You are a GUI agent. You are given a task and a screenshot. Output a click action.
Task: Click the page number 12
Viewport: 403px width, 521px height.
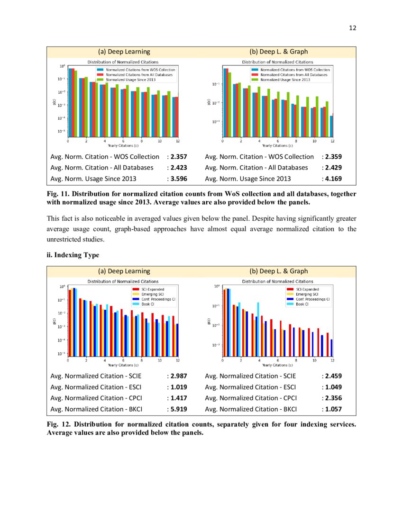(352, 28)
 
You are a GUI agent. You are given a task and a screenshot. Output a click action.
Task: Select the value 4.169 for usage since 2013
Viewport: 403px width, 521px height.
(333, 179)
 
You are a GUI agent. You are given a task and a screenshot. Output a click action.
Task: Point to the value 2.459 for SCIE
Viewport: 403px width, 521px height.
(333, 376)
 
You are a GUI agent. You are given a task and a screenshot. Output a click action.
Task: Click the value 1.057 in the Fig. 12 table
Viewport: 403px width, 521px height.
(333, 409)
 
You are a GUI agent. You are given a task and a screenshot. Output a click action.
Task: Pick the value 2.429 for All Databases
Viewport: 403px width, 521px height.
(333, 168)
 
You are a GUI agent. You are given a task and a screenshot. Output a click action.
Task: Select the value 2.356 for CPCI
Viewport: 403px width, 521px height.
(333, 398)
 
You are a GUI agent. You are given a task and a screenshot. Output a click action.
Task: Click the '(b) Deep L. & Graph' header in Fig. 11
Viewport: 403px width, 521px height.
(278, 52)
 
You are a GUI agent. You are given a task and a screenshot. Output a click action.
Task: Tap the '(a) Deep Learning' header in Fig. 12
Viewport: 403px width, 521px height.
(124, 271)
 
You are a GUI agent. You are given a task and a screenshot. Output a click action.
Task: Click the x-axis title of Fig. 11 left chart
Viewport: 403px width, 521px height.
(123, 146)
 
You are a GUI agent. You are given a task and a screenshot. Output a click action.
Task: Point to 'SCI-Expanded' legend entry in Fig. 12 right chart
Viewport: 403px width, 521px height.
(307, 289)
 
